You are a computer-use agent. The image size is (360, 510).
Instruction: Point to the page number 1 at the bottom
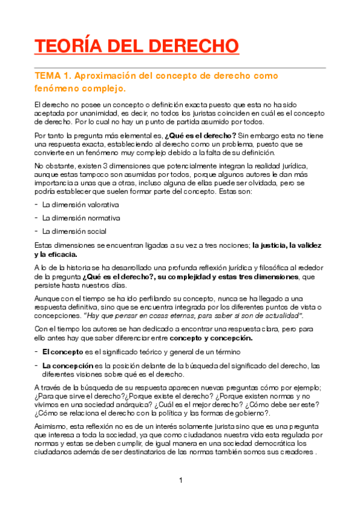[180, 480]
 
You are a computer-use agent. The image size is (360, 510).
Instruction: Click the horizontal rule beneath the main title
[180, 67]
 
